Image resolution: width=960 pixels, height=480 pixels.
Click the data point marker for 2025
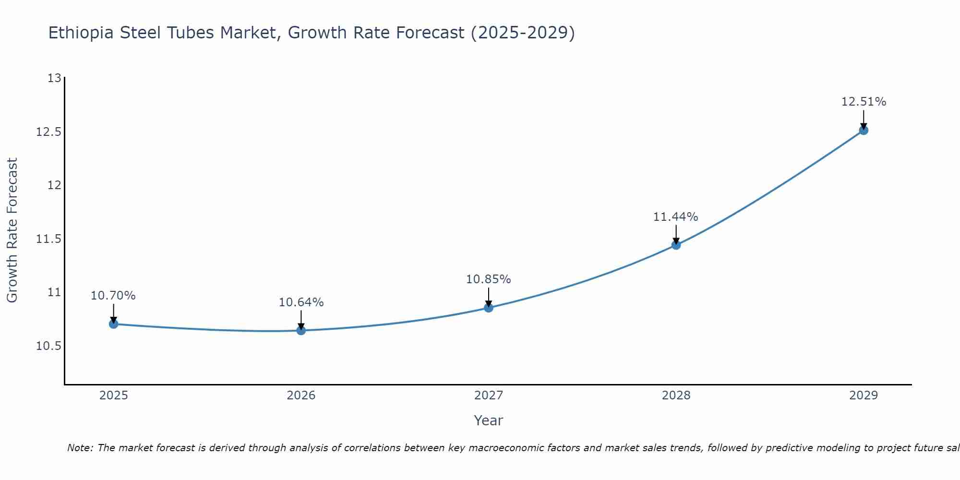(113, 324)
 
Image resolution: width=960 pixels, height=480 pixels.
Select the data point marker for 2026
(301, 330)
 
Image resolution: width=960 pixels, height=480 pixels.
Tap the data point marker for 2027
(489, 308)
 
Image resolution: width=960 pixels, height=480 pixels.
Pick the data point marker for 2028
(676, 245)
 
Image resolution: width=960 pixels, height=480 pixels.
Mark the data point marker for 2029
(864, 130)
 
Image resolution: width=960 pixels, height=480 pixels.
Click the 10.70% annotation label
(113, 296)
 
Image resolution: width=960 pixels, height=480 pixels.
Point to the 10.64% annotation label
(301, 302)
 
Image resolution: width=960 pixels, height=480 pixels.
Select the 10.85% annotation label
(489, 279)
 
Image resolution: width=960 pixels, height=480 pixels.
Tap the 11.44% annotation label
(676, 217)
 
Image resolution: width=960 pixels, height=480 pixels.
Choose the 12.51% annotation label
(864, 102)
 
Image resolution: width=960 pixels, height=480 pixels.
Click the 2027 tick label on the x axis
(489, 396)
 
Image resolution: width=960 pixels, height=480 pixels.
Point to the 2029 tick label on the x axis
(864, 396)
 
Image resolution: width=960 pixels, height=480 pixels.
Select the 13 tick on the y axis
(55, 78)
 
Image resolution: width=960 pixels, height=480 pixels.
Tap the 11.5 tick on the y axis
(49, 239)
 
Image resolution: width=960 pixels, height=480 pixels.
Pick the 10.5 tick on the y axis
(49, 346)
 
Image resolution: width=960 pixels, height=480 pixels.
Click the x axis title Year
(489, 420)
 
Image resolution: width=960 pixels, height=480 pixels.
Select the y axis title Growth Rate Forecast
(12, 230)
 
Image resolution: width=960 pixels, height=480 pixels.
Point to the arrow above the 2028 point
(676, 234)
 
